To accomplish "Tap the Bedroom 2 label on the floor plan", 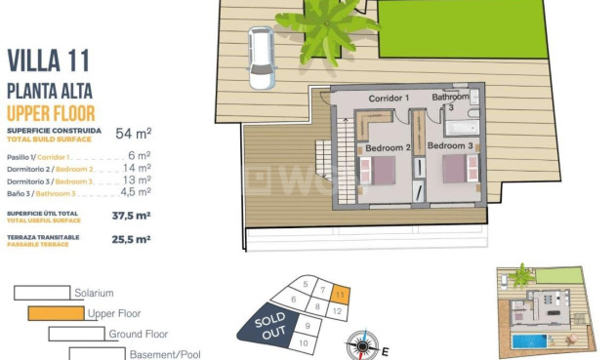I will click(x=388, y=148).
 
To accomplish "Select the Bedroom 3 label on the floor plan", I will click(x=449, y=146).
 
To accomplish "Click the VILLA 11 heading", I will click(x=48, y=60).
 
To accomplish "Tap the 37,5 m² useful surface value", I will click(x=131, y=216).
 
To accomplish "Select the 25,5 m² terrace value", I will click(x=131, y=239).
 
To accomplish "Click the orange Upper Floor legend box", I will click(x=56, y=313).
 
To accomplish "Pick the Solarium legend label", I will click(x=94, y=293).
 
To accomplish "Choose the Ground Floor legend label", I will click(x=139, y=334).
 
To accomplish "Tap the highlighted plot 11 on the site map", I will click(x=339, y=293).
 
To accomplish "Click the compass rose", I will click(x=362, y=344).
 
